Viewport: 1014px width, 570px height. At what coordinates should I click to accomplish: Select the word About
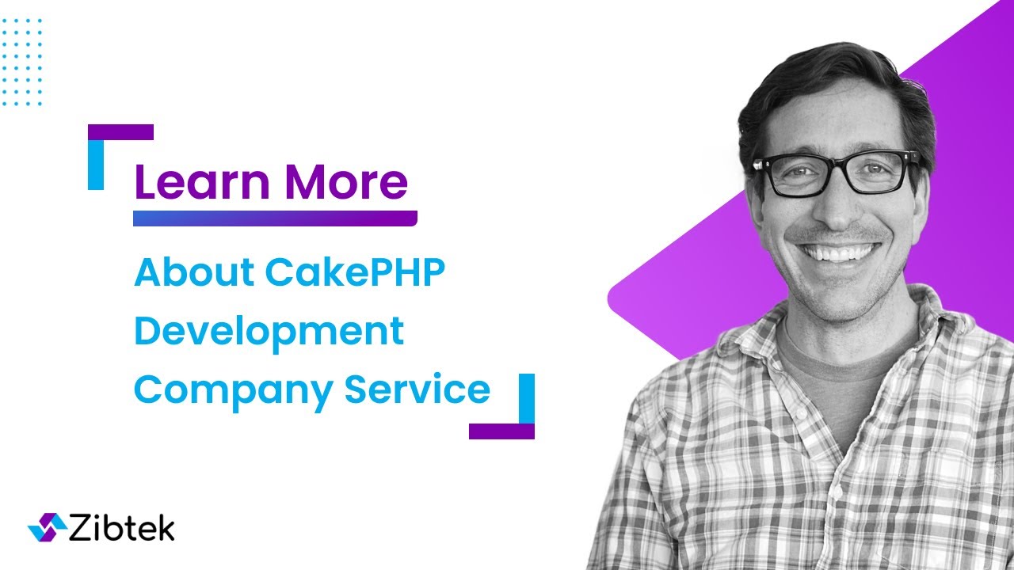(x=193, y=272)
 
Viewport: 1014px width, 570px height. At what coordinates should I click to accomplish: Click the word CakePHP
(x=356, y=272)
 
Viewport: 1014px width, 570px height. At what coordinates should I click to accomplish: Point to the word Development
(x=269, y=331)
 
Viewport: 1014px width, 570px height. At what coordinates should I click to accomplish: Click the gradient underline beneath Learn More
(x=275, y=218)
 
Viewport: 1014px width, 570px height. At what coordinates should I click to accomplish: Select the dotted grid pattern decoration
(x=22, y=61)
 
